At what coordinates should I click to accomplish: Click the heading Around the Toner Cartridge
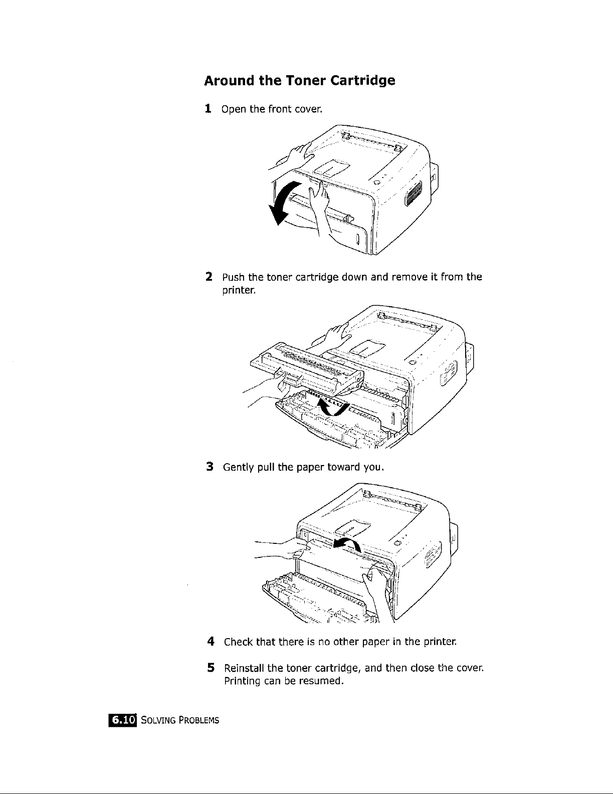(299, 81)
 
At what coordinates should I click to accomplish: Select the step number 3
(211, 468)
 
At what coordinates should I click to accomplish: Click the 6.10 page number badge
(123, 720)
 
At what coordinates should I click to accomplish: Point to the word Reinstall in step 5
(245, 668)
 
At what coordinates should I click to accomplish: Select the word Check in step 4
(239, 642)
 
